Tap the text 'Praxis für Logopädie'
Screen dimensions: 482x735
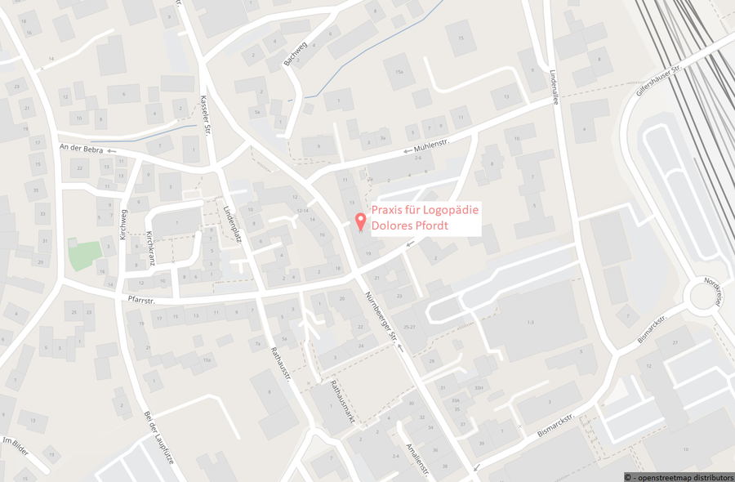(425, 211)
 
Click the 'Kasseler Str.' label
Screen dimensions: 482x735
(205, 114)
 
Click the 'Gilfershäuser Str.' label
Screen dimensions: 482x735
(658, 80)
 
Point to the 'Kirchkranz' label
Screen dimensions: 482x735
(150, 246)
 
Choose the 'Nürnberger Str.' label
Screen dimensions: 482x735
(381, 315)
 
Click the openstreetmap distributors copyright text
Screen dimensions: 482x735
(678, 476)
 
